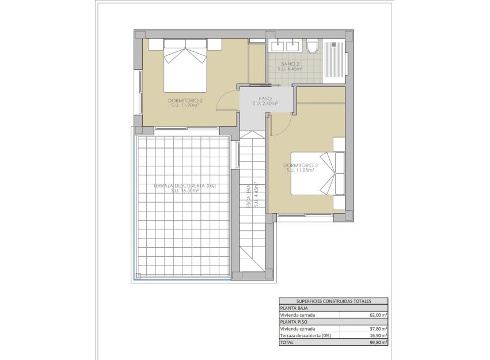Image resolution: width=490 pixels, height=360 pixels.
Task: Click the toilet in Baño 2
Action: [x=312, y=46]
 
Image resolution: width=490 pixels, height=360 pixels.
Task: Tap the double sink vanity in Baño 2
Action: [x=285, y=45]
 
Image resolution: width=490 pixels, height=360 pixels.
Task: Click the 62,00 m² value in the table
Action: [x=377, y=315]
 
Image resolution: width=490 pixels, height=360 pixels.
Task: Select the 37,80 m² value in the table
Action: [x=377, y=328]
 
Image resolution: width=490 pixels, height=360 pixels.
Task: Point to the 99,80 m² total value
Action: [x=377, y=342]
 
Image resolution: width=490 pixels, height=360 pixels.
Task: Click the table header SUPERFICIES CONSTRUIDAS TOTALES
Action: [x=333, y=301]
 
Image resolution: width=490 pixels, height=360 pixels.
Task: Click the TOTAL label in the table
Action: [x=287, y=342]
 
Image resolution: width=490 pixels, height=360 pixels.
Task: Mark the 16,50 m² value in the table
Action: [x=377, y=335]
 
